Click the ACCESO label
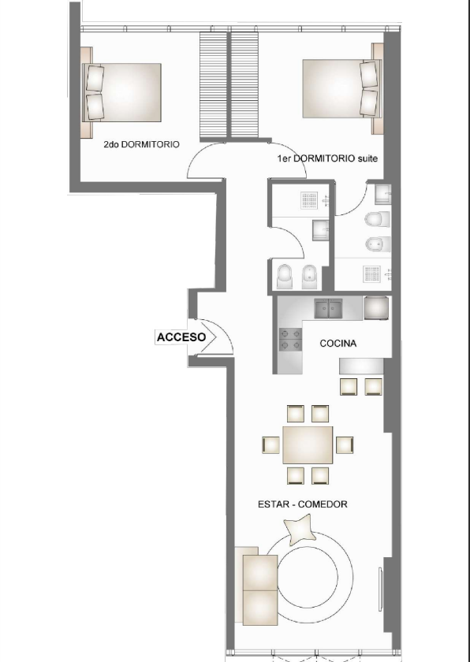(x=181, y=337)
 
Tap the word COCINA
(x=338, y=344)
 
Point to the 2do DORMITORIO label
(x=141, y=146)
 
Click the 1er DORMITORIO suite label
(x=327, y=159)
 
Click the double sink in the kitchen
(x=330, y=307)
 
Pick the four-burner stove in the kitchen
(x=289, y=339)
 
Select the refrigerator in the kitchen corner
(x=375, y=307)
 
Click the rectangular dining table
(x=308, y=445)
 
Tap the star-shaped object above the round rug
(x=302, y=530)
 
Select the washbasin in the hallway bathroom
(x=321, y=228)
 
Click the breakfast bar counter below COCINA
(x=362, y=366)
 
